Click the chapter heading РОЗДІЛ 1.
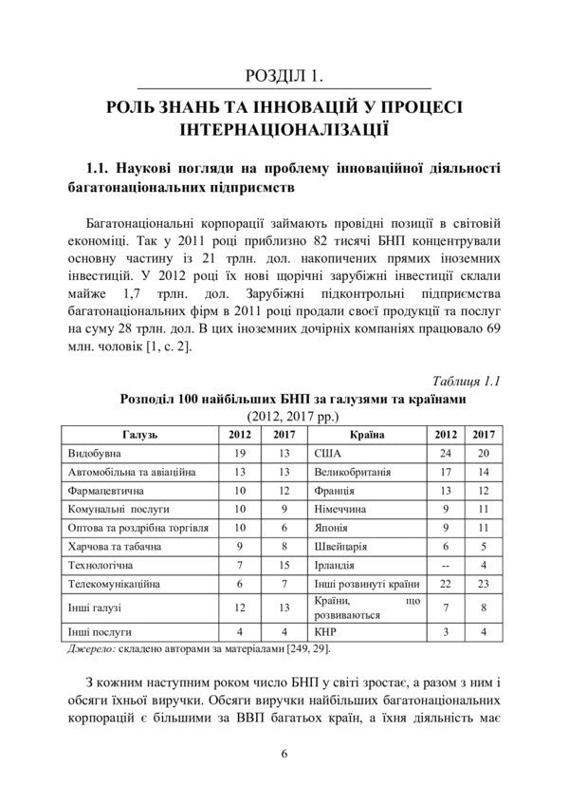pos(284,76)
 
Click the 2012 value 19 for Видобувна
pos(239,454)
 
